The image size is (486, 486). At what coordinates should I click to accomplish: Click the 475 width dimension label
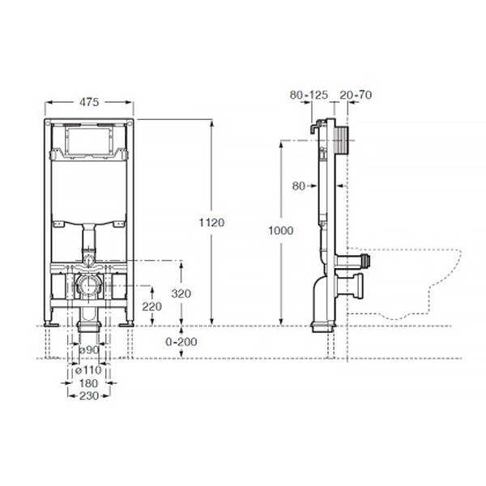click(89, 102)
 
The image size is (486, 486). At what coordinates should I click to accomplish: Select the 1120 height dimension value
click(211, 223)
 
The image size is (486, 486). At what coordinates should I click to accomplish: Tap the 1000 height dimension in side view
click(281, 231)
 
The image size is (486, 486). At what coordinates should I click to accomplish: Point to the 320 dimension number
click(181, 293)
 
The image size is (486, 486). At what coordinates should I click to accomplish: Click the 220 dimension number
click(152, 306)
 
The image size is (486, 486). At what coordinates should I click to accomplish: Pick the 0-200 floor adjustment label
click(181, 342)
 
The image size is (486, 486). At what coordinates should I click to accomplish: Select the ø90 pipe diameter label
click(89, 350)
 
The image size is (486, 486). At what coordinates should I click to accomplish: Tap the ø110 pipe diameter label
click(88, 370)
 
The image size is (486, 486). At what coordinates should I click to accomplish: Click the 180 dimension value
click(88, 383)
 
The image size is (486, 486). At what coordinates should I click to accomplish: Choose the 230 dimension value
click(89, 396)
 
